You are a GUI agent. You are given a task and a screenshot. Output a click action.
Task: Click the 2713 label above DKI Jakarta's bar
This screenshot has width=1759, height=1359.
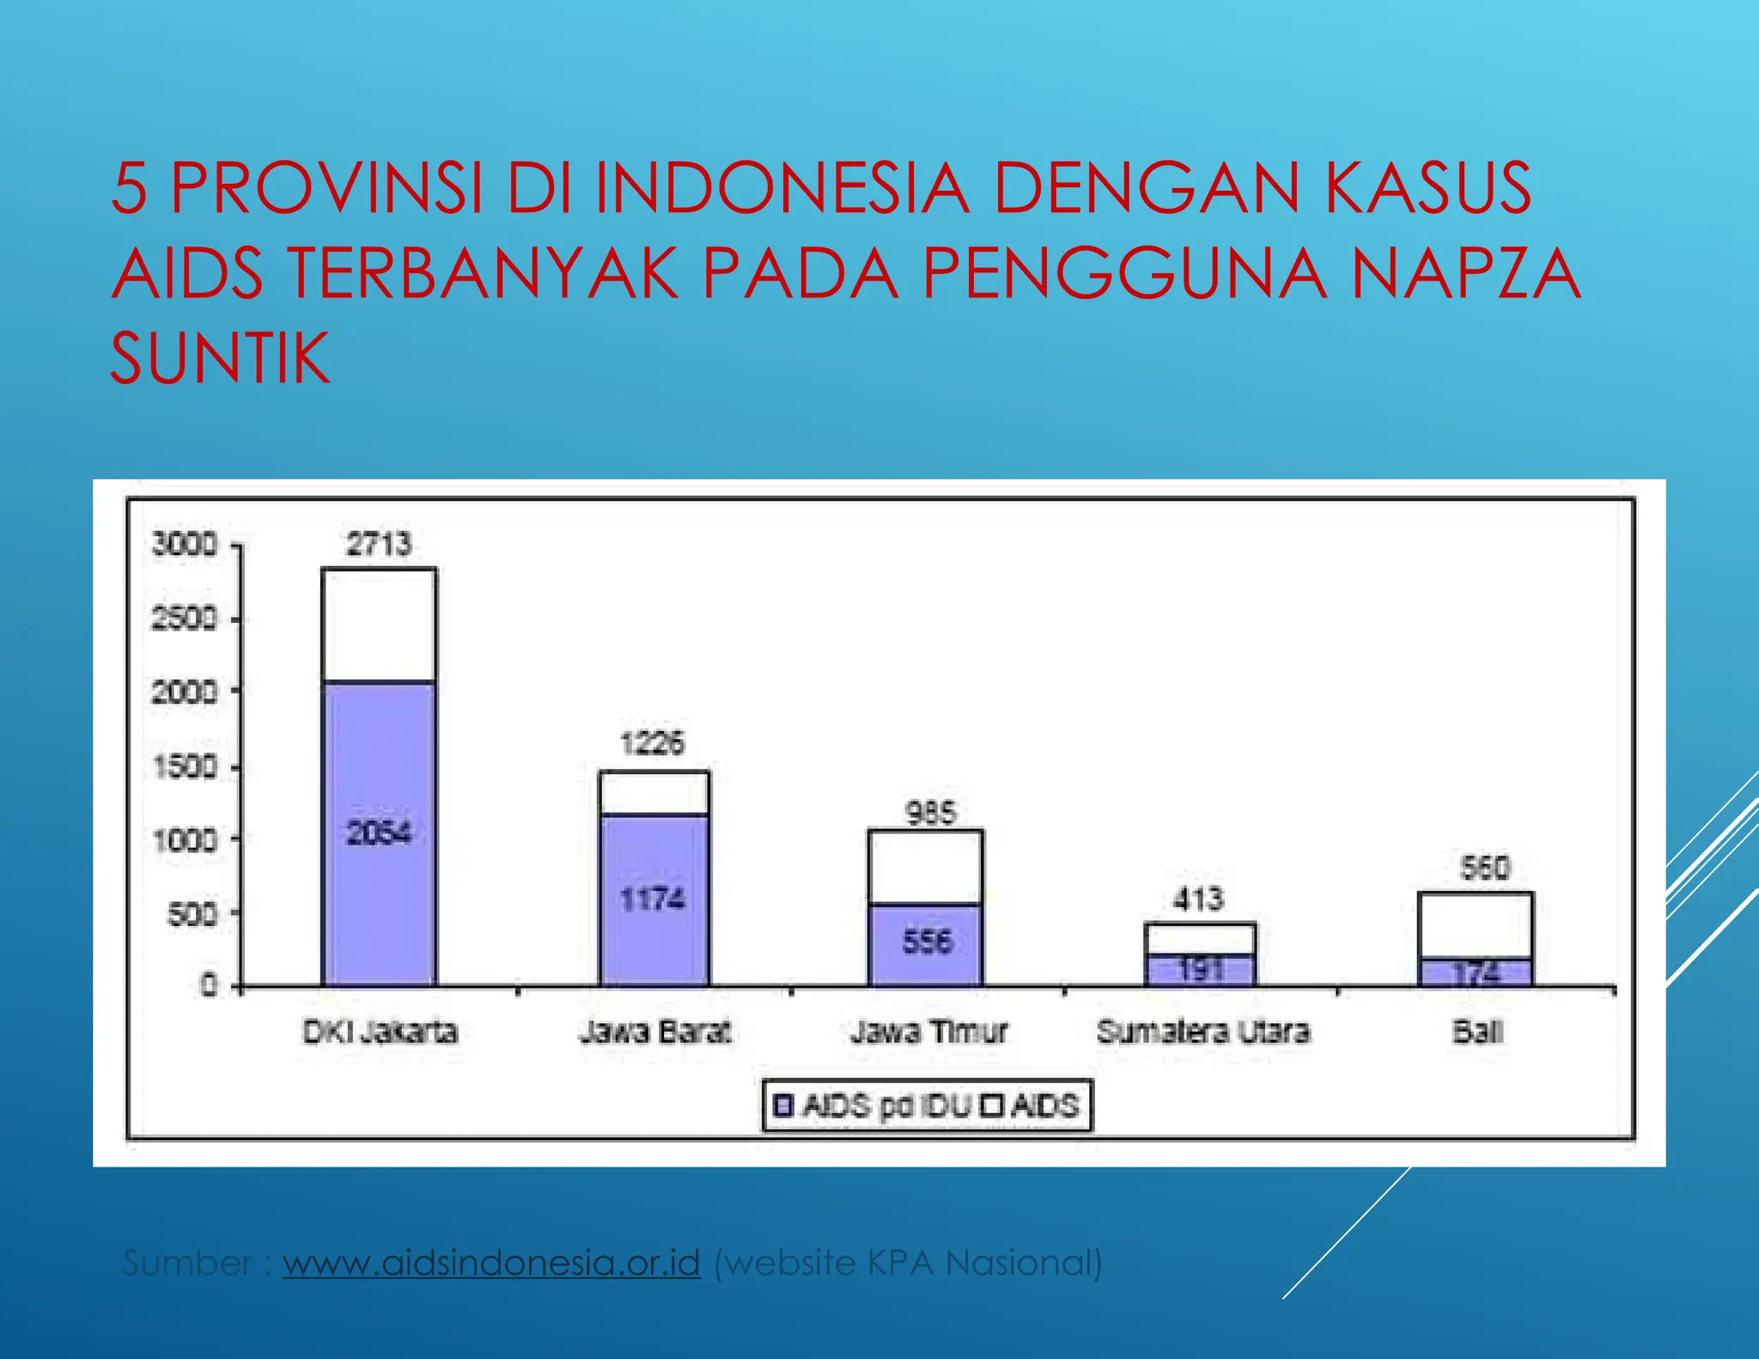pos(379,545)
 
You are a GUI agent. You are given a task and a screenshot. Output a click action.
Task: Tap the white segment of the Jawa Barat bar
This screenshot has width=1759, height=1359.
pos(654,793)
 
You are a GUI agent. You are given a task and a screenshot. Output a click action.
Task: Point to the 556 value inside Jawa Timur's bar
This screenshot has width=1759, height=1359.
pos(927,942)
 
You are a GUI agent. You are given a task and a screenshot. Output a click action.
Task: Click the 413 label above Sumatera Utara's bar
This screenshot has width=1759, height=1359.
pos(1198,899)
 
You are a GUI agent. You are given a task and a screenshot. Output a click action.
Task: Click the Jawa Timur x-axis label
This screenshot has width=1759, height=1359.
pos(928,1031)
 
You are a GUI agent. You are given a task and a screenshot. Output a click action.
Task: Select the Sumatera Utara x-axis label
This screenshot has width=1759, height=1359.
pos(1203,1031)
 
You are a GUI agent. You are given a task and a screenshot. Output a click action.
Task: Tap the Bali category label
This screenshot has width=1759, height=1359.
pos(1477,1031)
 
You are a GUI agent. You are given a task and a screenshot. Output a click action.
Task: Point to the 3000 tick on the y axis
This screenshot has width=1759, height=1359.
pos(185,544)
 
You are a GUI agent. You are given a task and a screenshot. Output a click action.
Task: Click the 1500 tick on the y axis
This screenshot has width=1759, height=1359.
pos(185,766)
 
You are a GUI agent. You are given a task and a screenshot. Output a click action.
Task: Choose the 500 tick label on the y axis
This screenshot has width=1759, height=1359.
pos(192,914)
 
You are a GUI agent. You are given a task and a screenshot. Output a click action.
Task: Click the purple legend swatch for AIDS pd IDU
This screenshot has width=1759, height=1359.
pos(783,1105)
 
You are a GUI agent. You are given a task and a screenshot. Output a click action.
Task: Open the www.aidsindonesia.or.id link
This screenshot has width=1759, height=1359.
pos(491,1263)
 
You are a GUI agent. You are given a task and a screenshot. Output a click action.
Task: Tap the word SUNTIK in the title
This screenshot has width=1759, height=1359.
pos(220,358)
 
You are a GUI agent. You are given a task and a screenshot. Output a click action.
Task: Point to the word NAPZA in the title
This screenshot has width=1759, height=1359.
pos(1465,273)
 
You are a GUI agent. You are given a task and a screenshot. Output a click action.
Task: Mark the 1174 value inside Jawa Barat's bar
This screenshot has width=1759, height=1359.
pos(653,899)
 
